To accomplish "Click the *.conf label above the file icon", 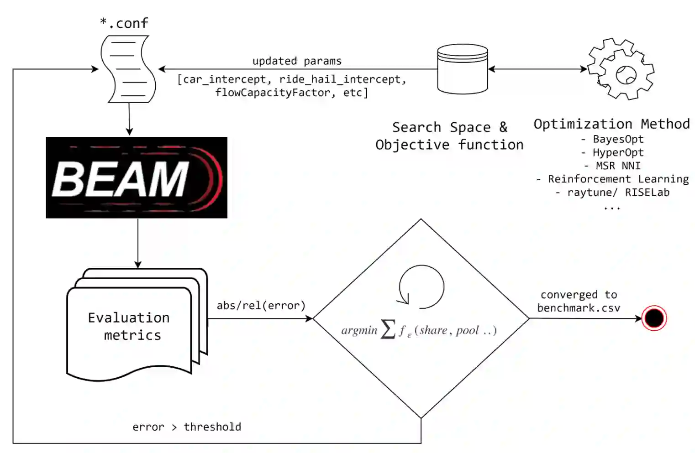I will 124,23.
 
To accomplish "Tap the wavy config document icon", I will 128,69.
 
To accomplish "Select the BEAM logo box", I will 137,177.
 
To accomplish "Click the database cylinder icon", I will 462,69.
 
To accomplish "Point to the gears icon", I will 621,69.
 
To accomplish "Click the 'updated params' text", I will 297,61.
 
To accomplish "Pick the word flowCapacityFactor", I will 273,93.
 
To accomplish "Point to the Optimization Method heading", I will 611,124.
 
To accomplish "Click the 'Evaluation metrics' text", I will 130,326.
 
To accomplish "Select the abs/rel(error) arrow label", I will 261,305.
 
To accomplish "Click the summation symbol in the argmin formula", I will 388,329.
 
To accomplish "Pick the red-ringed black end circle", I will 654,318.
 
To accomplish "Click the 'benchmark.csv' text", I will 579,308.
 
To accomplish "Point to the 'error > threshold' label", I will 187,427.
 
